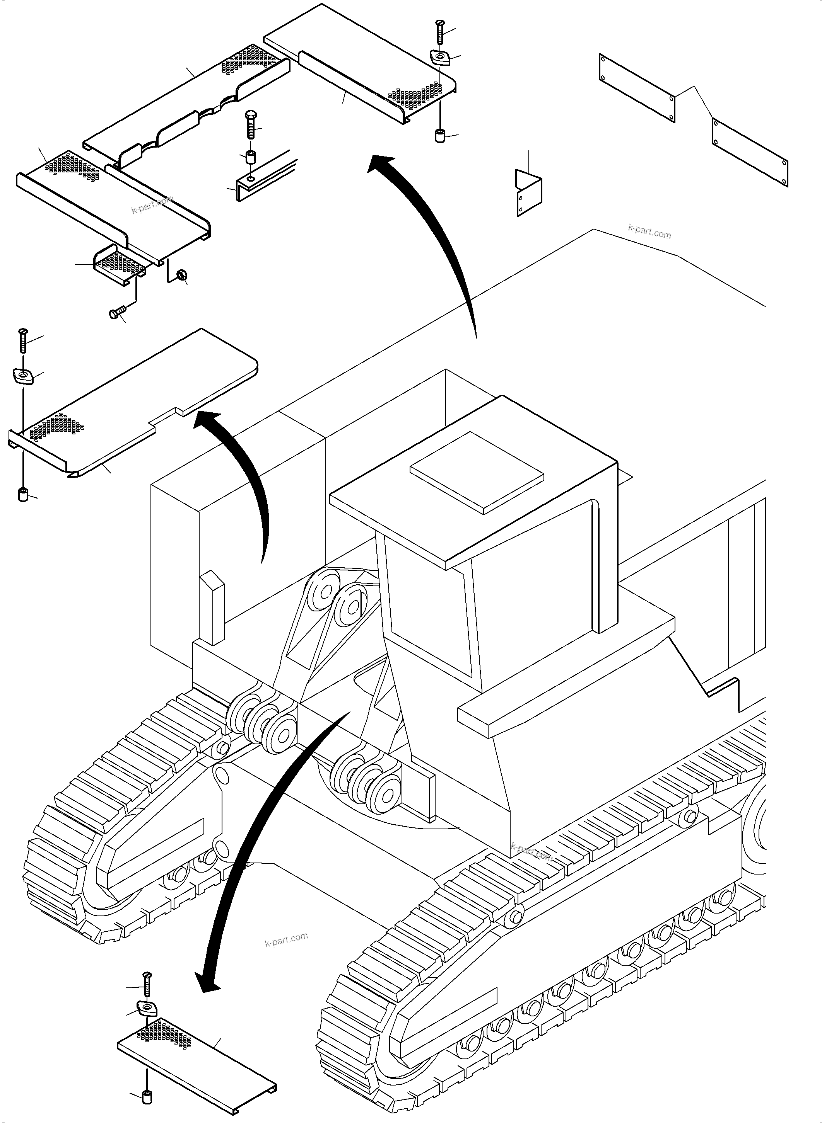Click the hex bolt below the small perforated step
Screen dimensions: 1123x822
tap(115, 313)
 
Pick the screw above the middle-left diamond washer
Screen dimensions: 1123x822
tap(22, 341)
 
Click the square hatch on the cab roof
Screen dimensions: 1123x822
tap(476, 472)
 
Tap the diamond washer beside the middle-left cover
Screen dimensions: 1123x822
tap(23, 376)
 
